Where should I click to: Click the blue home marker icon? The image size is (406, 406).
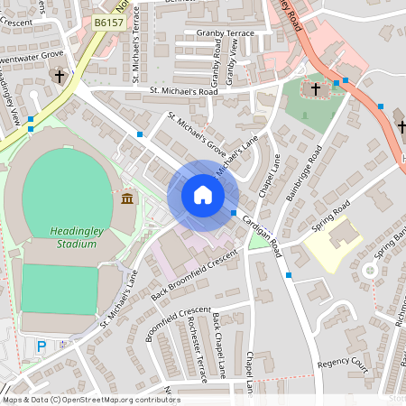202,195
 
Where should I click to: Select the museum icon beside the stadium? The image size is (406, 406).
126,198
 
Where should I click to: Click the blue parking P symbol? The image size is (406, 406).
41,346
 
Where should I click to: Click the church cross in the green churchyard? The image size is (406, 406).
317,88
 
